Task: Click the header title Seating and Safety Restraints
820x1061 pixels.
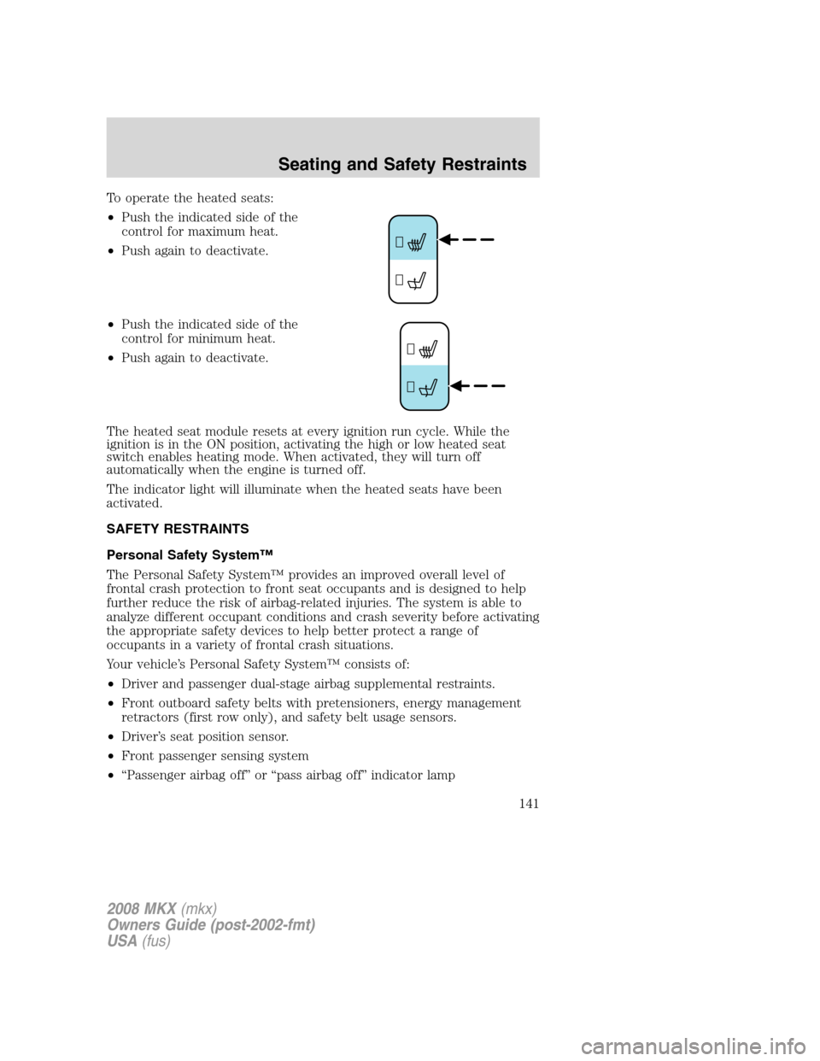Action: pos(401,164)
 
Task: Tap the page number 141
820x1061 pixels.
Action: pos(528,803)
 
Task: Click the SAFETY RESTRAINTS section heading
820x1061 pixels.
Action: pos(178,529)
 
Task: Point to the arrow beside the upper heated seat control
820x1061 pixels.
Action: pos(466,241)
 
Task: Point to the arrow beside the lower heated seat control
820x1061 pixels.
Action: pos(477,386)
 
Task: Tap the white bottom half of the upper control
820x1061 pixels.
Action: pos(413,280)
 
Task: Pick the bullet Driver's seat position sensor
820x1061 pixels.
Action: pos(204,736)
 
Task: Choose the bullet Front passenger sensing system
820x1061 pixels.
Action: pos(214,756)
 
